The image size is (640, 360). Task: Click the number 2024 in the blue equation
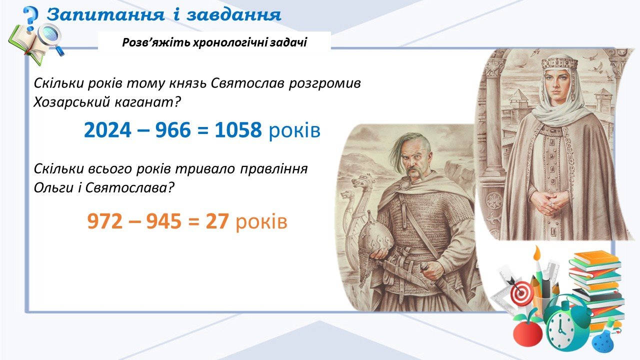(x=107, y=130)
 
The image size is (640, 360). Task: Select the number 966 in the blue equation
(x=173, y=130)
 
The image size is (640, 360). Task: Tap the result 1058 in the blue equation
(x=238, y=130)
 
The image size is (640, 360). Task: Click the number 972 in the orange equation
(x=105, y=221)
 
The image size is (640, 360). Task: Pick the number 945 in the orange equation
(x=163, y=221)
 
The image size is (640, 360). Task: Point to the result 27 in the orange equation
(x=217, y=221)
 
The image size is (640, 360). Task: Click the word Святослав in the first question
(x=247, y=83)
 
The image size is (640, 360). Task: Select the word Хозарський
(x=71, y=102)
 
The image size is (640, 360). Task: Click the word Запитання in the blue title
(x=105, y=14)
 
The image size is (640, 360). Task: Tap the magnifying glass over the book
(x=51, y=38)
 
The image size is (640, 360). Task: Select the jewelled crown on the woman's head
(x=559, y=63)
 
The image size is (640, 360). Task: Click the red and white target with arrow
(x=520, y=291)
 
